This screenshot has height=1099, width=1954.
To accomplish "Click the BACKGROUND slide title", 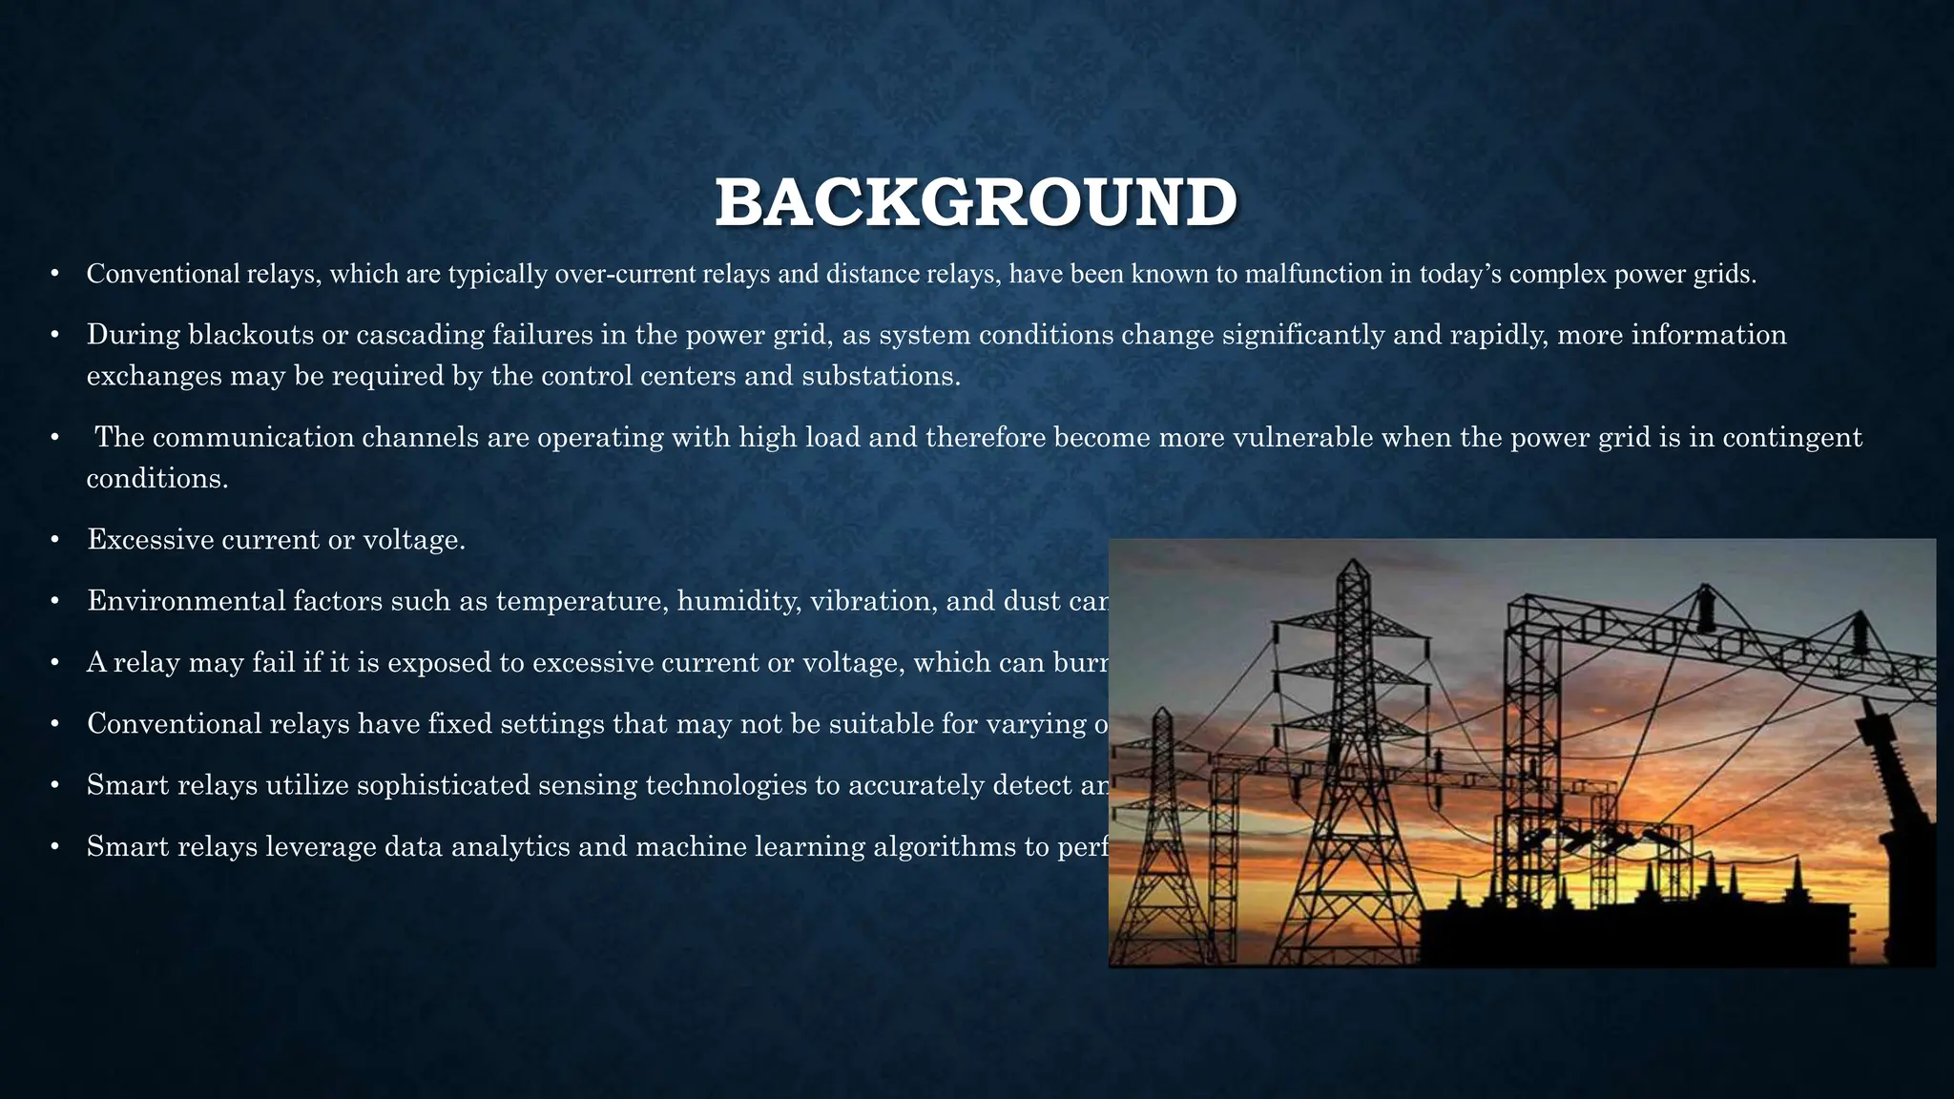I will [x=976, y=202].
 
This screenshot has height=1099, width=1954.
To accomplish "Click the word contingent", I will [x=1793, y=437].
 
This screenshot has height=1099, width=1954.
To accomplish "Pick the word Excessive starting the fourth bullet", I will [x=150, y=540].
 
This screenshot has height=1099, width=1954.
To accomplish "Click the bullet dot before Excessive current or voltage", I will [x=55, y=540].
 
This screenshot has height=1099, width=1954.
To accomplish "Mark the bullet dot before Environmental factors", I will [x=55, y=601].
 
